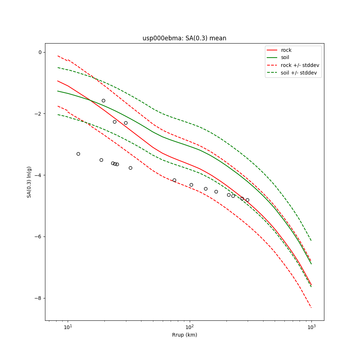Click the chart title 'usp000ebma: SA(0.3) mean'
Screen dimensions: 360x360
(184, 38)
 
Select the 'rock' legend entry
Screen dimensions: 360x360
(286, 50)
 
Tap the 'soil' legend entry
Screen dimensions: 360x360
(285, 57)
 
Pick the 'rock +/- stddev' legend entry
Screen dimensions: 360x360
(300, 65)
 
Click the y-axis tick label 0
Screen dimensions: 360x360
(40, 52)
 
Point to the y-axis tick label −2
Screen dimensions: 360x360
(38, 114)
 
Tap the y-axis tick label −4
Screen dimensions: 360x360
(38, 175)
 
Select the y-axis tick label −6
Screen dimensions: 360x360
(38, 237)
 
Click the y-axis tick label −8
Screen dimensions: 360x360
(38, 298)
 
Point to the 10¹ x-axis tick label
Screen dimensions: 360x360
(68, 327)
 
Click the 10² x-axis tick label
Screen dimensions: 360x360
(189, 327)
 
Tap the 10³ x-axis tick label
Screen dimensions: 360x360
(311, 327)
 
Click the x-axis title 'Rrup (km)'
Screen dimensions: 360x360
(184, 335)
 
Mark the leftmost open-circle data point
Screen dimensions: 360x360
(78, 154)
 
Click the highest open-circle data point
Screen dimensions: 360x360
(103, 100)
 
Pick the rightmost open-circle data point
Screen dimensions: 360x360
(247, 200)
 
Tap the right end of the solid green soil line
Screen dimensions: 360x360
(311, 264)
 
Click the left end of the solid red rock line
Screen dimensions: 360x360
(58, 81)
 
